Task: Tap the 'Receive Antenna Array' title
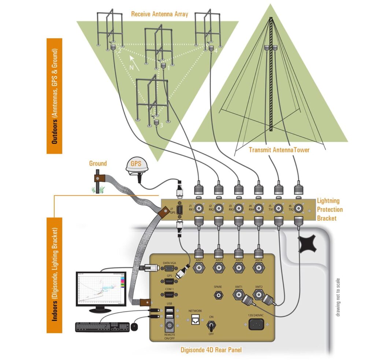click(159, 14)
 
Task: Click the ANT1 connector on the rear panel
click(198, 268)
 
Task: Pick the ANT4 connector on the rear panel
click(259, 268)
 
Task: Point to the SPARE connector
click(219, 295)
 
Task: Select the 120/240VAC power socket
click(256, 324)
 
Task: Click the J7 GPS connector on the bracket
click(179, 211)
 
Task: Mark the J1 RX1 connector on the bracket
click(199, 209)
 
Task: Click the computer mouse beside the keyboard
click(135, 326)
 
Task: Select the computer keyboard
click(103, 327)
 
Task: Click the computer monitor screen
click(101, 289)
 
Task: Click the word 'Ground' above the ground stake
click(98, 163)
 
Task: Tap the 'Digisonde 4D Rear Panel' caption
click(211, 350)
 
